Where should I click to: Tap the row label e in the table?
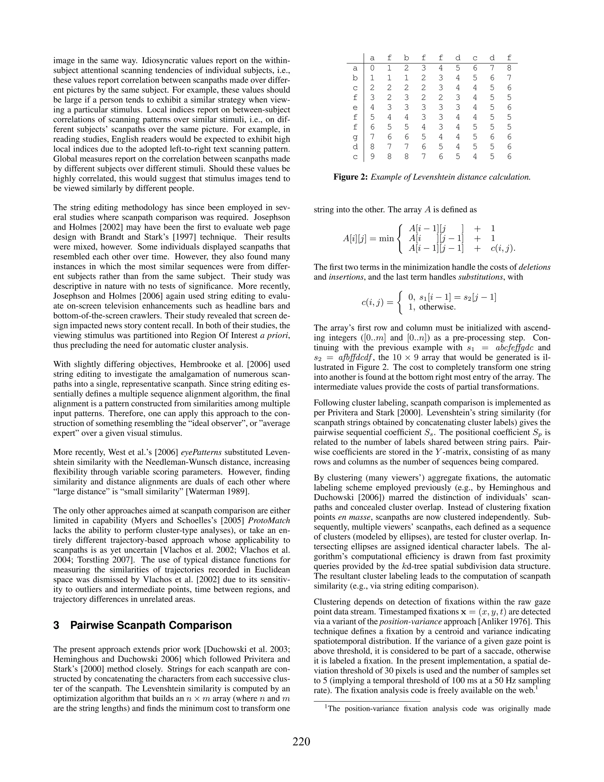click(x=355, y=107)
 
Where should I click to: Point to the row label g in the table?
click(x=355, y=137)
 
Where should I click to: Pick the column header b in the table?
click(x=406, y=58)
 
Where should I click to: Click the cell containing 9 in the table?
click(x=372, y=157)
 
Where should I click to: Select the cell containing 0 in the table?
click(x=372, y=68)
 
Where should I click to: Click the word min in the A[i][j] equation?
click(x=386, y=238)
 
